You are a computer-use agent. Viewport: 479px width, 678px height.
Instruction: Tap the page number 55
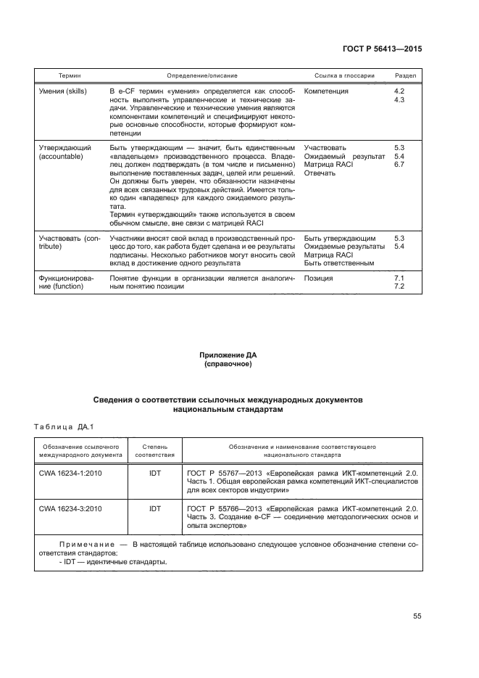tap(417, 616)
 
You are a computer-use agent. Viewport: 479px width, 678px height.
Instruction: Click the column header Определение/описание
tap(201, 75)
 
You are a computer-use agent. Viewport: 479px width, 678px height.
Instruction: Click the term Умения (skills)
tap(64, 91)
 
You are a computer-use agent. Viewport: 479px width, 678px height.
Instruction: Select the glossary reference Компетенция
tap(326, 91)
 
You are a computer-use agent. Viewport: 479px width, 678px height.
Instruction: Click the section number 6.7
tap(398, 165)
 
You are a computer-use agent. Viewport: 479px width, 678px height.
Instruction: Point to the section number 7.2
tap(398, 287)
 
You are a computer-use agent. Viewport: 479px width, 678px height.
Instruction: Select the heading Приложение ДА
tap(228, 355)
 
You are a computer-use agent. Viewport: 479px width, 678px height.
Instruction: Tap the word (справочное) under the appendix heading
tap(228, 364)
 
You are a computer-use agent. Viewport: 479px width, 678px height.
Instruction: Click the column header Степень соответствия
tap(154, 452)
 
